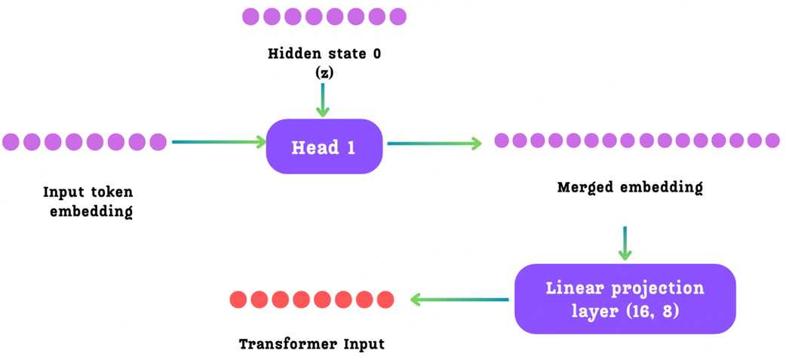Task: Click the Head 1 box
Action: click(324, 146)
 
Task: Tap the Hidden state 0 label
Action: click(324, 54)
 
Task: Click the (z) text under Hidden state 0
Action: click(324, 72)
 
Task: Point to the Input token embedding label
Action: click(88, 202)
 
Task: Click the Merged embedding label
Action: click(629, 187)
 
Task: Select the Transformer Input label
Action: click(312, 344)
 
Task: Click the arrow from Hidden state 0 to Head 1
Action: click(323, 100)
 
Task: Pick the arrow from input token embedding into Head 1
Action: click(219, 141)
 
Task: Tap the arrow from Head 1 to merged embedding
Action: click(434, 143)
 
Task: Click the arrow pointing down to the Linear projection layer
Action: click(625, 243)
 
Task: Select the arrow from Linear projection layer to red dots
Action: click(459, 300)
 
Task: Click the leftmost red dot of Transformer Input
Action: click(238, 300)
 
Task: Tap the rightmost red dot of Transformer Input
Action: click(385, 300)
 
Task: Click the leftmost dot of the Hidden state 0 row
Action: click(250, 17)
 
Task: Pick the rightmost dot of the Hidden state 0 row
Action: click(398, 17)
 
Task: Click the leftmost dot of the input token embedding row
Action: click(11, 141)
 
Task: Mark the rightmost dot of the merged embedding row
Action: click(772, 140)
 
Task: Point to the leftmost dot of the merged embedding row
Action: click(502, 140)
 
